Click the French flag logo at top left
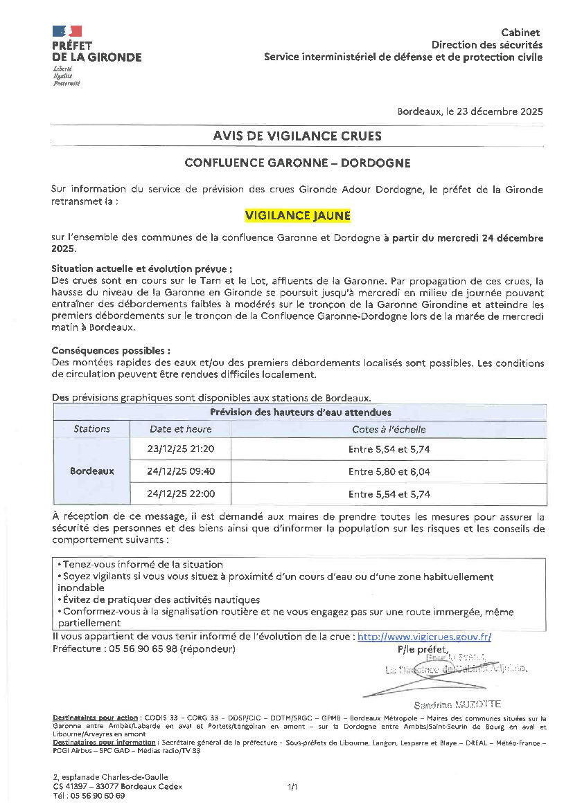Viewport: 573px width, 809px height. (67, 31)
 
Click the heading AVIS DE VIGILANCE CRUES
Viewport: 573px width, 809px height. (297, 136)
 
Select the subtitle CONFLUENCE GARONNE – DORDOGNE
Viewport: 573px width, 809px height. (297, 163)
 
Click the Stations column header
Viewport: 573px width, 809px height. (91, 429)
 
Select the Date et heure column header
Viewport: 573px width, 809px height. (181, 429)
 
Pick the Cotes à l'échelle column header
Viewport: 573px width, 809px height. (389, 429)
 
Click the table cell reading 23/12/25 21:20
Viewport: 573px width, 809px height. (181, 448)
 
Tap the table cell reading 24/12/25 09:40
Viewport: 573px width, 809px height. (181, 471)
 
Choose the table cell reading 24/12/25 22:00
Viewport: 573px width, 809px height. (181, 494)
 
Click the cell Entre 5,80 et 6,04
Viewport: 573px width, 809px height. (389, 471)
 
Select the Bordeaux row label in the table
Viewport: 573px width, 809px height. (91, 471)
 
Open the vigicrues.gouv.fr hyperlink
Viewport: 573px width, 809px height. (424, 637)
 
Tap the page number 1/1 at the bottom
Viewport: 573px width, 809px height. (292, 786)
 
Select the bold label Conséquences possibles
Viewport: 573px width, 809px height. (111, 351)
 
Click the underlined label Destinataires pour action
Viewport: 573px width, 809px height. (96, 718)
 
